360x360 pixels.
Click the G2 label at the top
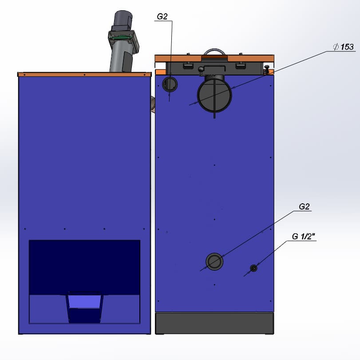coord(162,16)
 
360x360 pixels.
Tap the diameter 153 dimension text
coord(344,47)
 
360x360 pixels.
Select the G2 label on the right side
coord(304,206)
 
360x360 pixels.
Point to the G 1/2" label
coord(304,236)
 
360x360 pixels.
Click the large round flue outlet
coord(214,95)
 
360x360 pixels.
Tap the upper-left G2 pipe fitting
coord(170,84)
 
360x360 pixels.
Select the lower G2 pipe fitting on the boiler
coord(214,261)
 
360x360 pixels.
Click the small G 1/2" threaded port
coord(253,268)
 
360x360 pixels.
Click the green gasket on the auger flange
coord(121,37)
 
